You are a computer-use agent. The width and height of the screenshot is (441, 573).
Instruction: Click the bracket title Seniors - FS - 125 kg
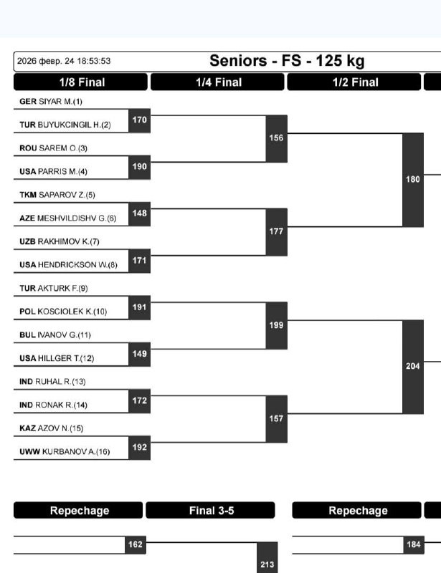coord(286,61)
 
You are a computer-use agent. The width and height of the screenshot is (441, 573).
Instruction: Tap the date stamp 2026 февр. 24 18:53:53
coord(63,62)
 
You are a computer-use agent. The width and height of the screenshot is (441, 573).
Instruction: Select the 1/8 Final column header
coord(81,82)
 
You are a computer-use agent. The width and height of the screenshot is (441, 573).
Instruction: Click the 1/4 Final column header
coord(218,82)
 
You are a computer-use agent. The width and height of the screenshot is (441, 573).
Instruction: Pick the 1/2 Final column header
coord(354,82)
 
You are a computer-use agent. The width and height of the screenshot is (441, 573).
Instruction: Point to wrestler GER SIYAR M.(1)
coord(50,102)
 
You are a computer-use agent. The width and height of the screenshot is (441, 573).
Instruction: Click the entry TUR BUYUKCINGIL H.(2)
coord(65,125)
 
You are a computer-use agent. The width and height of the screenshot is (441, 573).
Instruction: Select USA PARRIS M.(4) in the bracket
coord(53,172)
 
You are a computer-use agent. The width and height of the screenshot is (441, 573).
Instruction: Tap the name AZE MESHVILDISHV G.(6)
coord(67,218)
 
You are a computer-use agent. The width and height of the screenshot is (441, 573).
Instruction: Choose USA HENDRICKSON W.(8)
coord(67,265)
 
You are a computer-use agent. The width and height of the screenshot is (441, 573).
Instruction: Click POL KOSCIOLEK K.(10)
coord(62,312)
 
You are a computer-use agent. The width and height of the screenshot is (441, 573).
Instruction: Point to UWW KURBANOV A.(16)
coord(64,451)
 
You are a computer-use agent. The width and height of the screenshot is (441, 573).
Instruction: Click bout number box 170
coord(139,120)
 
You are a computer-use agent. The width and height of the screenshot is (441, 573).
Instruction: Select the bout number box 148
coord(139,213)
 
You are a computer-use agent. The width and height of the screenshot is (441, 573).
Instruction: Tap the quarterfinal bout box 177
coord(276,231)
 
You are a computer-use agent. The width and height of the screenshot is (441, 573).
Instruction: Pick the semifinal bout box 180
coord(413,180)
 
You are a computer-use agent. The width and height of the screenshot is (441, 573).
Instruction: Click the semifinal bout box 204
coord(413,366)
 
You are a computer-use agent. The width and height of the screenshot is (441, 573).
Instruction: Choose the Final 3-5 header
coord(210,511)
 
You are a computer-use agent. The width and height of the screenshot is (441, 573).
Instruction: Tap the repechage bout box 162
coord(135,545)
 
